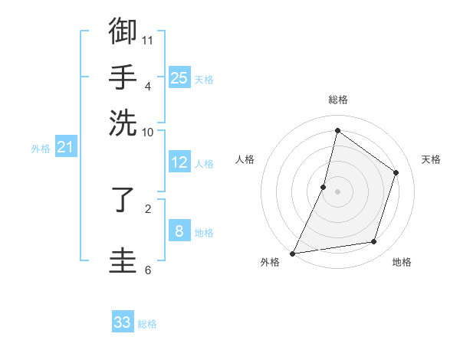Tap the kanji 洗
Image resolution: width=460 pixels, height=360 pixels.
pos(123,122)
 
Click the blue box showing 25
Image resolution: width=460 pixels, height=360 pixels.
pos(179,77)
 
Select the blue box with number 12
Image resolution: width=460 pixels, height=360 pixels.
pos(179,162)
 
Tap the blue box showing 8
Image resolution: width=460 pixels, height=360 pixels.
pos(179,231)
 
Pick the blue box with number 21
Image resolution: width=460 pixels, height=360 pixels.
pos(65,147)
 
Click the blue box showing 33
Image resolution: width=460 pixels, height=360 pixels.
pos(123,322)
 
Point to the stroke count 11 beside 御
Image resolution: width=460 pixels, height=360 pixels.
pos(149,39)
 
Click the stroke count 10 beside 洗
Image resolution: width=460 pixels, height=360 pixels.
pos(148,132)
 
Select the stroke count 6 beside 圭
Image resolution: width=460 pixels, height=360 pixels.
pos(148,270)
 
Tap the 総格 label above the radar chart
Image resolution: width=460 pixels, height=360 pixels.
pos(337,100)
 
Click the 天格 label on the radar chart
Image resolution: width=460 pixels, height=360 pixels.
pos(431,159)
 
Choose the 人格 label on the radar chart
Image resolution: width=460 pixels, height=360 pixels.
pos(245,159)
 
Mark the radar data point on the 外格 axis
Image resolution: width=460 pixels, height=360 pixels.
pos(293,253)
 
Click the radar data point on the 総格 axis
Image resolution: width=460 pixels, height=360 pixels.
pos(337,131)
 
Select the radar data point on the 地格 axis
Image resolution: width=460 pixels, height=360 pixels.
pos(374,242)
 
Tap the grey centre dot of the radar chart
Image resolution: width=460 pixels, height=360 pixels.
pos(337,191)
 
